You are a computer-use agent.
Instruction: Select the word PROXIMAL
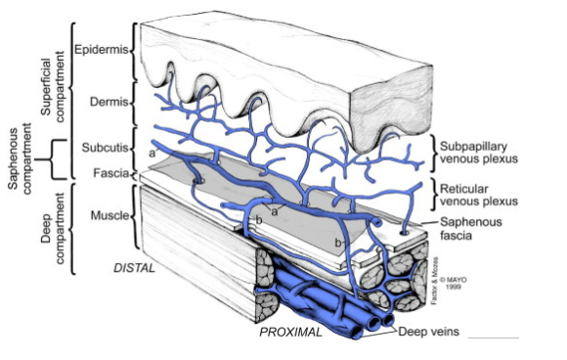coord(291,333)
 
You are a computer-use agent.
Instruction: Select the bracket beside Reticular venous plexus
coord(432,193)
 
